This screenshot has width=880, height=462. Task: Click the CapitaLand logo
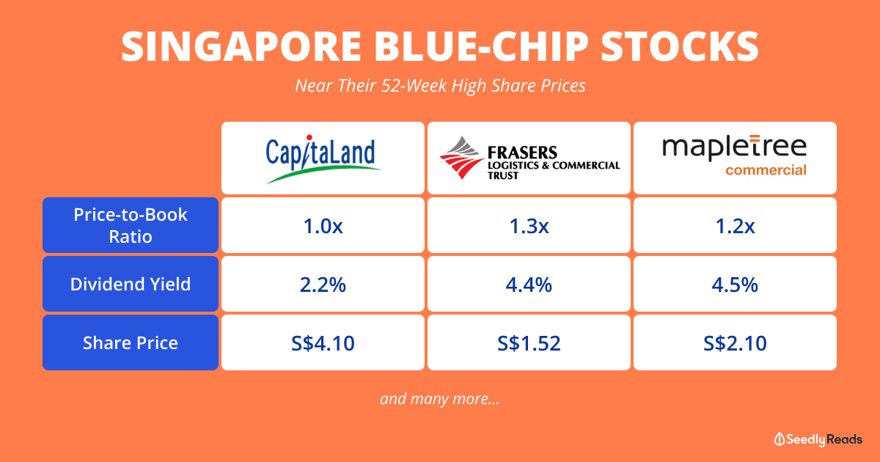point(323,158)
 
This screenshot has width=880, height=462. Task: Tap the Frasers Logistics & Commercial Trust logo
point(529,158)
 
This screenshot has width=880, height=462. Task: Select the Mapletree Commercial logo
point(735,156)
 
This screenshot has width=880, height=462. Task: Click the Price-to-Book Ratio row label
point(131,225)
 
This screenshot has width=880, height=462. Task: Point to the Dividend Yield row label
point(131,284)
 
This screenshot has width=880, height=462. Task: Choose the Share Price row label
point(131,342)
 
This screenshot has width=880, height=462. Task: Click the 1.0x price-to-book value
point(323,226)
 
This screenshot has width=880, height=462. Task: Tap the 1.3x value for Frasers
point(529,226)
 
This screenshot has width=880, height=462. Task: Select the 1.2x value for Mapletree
point(735,226)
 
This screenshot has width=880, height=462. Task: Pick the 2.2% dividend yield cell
point(323,285)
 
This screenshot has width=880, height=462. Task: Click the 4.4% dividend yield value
point(529,285)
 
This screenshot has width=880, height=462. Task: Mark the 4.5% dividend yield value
point(735,285)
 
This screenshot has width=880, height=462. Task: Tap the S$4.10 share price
point(323,343)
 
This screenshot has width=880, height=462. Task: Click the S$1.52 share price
point(529,343)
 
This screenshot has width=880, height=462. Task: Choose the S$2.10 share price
point(735,343)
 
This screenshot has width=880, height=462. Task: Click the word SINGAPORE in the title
point(241,46)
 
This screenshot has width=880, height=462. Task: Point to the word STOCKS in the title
point(680,46)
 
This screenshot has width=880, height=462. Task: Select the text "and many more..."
point(440,399)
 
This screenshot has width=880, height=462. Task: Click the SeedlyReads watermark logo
point(818,439)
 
